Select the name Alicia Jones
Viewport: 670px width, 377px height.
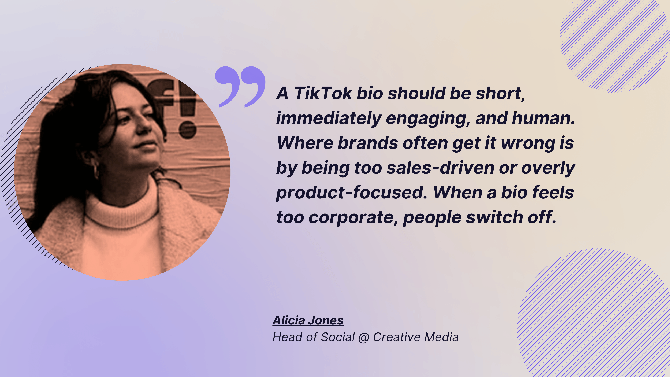(x=308, y=320)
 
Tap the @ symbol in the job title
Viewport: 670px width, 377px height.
(x=364, y=337)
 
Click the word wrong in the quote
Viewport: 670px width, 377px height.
(x=528, y=143)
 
